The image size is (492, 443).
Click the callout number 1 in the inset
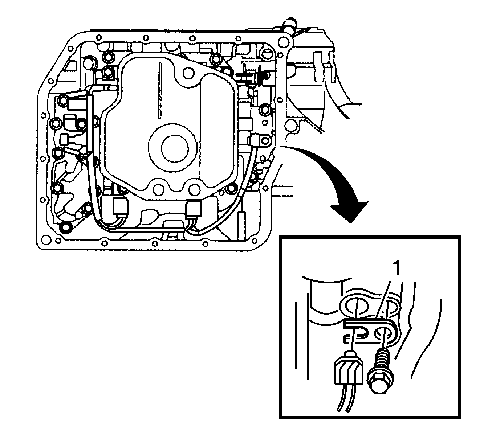(x=397, y=268)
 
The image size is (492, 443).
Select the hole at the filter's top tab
(x=188, y=73)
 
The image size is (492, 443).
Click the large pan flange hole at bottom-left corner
(x=46, y=240)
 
